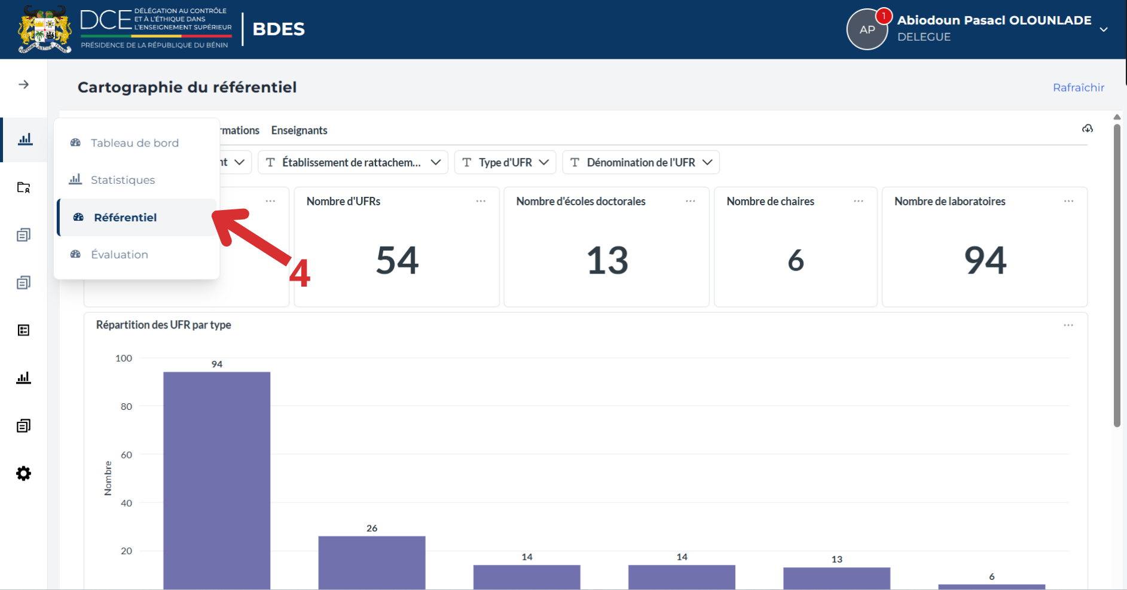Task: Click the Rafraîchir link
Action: point(1079,87)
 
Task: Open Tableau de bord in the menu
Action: point(135,143)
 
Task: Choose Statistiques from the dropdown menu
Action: point(123,180)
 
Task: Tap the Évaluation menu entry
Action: point(120,254)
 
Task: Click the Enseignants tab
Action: point(299,130)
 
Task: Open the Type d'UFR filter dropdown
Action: point(505,162)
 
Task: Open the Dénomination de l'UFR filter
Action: point(641,162)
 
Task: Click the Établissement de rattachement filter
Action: point(353,162)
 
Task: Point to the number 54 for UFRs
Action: point(398,260)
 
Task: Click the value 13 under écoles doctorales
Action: point(607,260)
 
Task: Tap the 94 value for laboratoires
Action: point(985,260)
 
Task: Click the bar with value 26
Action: point(372,562)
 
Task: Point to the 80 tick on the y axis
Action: point(126,406)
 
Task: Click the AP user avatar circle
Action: point(867,29)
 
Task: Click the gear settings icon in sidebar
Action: point(23,474)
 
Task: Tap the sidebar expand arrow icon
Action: point(23,84)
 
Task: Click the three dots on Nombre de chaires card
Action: point(859,201)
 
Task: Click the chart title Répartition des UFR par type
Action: point(163,325)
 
